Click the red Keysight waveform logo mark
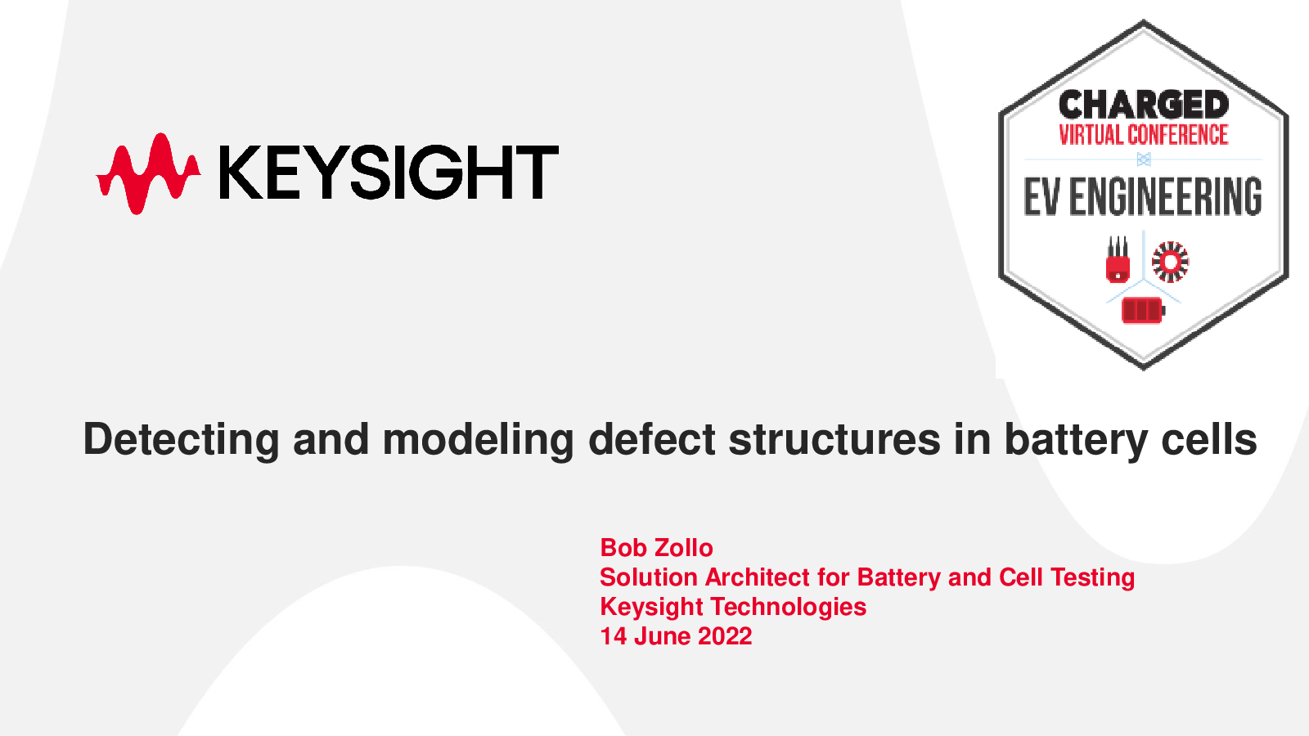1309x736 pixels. click(148, 173)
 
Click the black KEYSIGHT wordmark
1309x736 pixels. click(389, 173)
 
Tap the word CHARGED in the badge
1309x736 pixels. click(1144, 105)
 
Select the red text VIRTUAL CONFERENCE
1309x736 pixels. click(1144, 135)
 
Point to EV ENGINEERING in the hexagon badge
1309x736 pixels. click(1142, 197)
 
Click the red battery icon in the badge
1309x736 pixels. click(1143, 310)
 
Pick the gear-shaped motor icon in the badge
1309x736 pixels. click(1171, 263)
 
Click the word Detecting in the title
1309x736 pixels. click(181, 440)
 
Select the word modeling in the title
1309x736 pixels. click(478, 440)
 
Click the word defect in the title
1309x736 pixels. click(651, 438)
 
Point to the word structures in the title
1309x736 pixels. click(834, 440)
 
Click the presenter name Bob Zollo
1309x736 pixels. click(656, 548)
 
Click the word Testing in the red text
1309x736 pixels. click(1092, 577)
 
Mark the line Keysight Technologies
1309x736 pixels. click(733, 607)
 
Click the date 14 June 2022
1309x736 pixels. click(676, 636)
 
